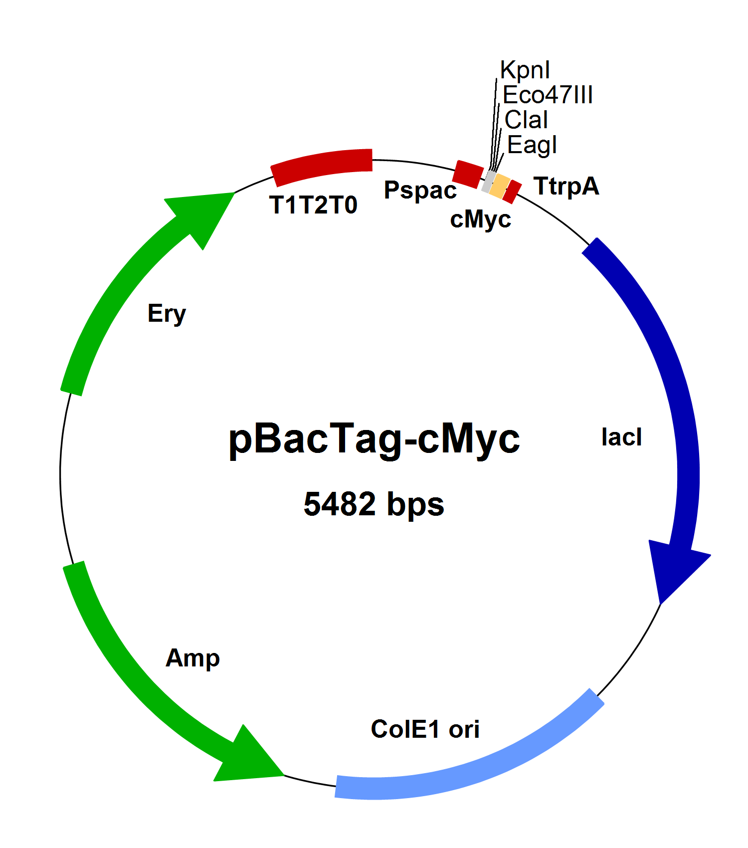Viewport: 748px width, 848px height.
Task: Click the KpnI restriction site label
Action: pos(525,70)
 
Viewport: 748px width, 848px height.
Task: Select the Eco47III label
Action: pos(548,95)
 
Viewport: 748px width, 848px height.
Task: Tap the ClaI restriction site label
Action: pos(526,120)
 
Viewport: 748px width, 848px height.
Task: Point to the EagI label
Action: pos(532,145)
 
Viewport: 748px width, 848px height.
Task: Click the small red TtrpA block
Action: pos(512,192)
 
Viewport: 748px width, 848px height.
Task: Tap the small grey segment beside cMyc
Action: pos(489,182)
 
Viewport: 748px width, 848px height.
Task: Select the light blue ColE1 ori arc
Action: pos(474,763)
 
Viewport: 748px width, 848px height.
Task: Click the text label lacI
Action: pos(621,437)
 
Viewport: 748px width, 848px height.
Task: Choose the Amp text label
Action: pos(192,658)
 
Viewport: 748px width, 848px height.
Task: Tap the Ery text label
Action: pos(167,314)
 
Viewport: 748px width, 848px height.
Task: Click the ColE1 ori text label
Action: pos(425,729)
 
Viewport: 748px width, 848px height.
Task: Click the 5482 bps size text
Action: pos(374,504)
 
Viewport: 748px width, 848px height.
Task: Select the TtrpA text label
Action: pos(566,187)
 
